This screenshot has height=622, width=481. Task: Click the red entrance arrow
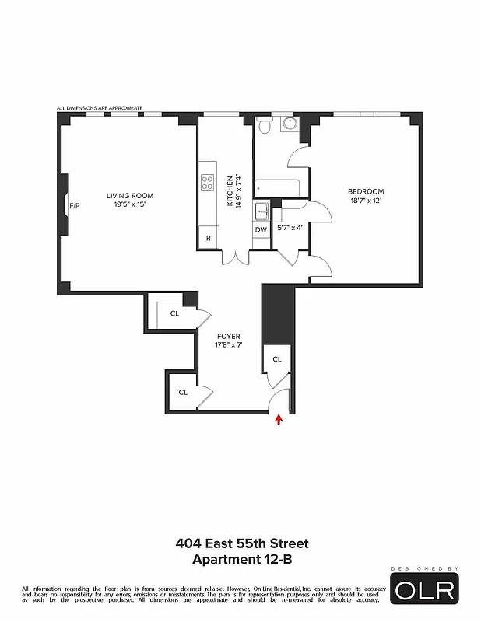(279, 421)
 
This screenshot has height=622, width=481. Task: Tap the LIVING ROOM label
(130, 195)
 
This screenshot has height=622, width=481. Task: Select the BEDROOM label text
(365, 192)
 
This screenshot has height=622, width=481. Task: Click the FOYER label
(228, 336)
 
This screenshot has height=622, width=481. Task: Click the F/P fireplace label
(75, 206)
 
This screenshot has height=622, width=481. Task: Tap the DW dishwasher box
(261, 229)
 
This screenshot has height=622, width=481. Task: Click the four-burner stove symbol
(208, 183)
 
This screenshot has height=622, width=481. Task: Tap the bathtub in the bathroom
(278, 187)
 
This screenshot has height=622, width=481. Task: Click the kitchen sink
(262, 210)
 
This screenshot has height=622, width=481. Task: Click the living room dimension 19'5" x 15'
(130, 204)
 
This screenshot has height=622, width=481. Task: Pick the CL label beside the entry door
(277, 358)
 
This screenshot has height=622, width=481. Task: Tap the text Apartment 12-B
(240, 558)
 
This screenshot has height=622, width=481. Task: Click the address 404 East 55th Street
(240, 543)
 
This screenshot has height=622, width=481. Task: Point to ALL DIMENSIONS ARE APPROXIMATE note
(100, 108)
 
